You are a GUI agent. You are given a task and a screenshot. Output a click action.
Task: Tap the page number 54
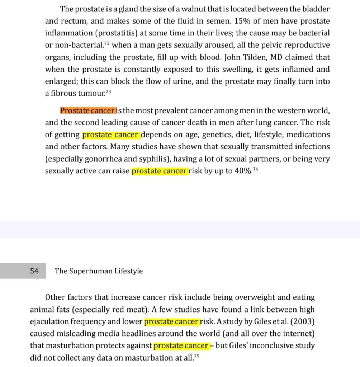[x=34, y=271]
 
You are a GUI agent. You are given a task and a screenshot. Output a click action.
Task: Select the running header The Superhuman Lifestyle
[x=99, y=271]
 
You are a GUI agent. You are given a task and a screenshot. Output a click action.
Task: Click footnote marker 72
[x=106, y=43]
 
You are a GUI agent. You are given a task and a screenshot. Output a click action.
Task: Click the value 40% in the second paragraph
[x=242, y=171]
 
